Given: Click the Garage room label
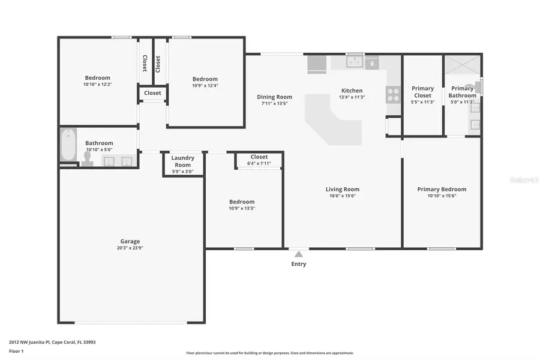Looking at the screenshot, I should point(130,241).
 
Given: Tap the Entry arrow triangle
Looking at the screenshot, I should point(298,254).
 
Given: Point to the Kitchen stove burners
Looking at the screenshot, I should point(393,94).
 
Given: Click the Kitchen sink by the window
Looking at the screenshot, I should point(355,62).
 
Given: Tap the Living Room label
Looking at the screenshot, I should point(343,190).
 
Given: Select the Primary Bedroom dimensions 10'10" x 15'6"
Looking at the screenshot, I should point(442,196).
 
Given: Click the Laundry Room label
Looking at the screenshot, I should point(182,161).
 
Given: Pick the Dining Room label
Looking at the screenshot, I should point(274,97).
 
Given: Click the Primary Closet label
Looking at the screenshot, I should point(422,92).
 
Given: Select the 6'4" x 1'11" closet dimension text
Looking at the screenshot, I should point(259,163).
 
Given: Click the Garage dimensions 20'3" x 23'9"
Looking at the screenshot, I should point(130,248).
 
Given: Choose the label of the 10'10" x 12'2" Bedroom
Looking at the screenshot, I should point(97,78).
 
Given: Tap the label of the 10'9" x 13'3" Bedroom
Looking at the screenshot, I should point(242,202).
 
